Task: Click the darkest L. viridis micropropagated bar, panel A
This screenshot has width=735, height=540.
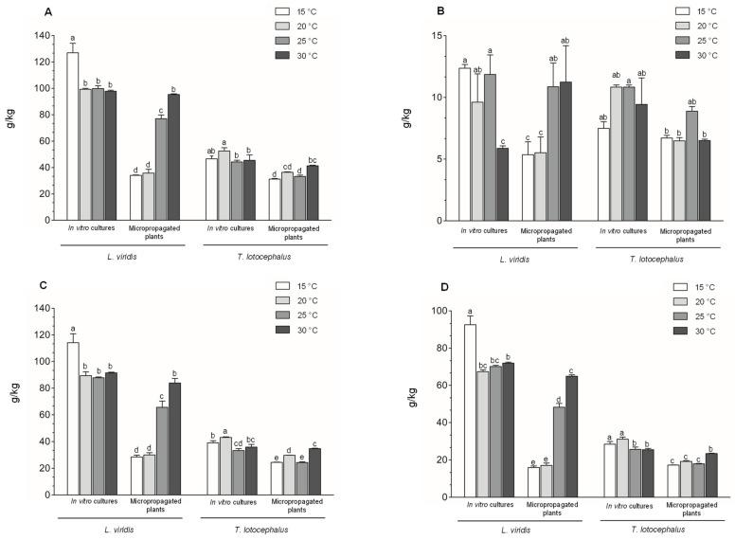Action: pos(173,156)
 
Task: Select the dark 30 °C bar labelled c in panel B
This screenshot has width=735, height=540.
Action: pos(502,184)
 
